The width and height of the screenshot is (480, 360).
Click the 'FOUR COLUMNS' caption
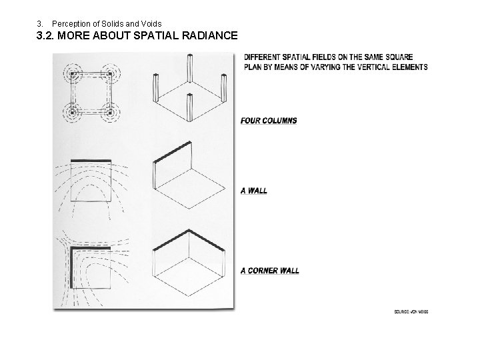[x=269, y=121]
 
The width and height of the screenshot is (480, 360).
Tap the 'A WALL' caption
[x=254, y=191]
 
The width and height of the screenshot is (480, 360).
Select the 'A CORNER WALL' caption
[x=269, y=271]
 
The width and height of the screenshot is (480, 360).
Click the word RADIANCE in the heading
[x=203, y=36]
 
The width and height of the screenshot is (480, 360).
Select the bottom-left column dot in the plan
[x=70, y=113]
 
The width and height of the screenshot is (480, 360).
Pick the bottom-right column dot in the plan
[x=107, y=113]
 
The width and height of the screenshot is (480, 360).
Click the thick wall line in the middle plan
[x=89, y=160]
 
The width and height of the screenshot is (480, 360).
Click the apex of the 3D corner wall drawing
[x=191, y=231]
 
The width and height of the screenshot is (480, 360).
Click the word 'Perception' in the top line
[x=71, y=23]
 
